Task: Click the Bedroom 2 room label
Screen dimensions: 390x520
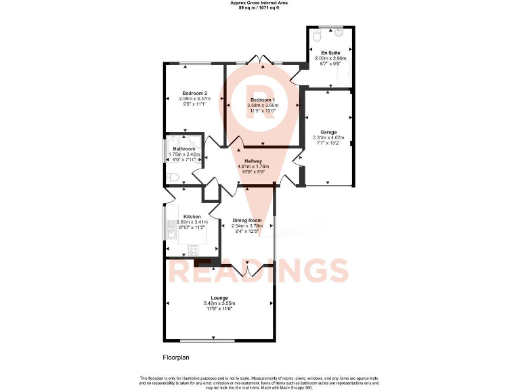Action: [x=194, y=93]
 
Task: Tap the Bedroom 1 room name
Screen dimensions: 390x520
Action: [x=263, y=100]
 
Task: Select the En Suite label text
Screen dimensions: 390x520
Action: [x=330, y=52]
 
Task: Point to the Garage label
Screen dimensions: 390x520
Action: [x=328, y=132]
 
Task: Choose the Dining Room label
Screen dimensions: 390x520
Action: [x=246, y=221]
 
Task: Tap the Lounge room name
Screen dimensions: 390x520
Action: [x=219, y=297]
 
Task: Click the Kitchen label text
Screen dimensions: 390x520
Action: [x=192, y=216]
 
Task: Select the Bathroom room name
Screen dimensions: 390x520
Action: [x=183, y=149]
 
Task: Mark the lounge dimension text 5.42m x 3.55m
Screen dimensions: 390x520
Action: [x=219, y=303]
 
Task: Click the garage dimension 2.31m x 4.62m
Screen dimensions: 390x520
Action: [x=328, y=138]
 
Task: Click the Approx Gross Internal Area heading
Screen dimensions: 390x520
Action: [x=259, y=3]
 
